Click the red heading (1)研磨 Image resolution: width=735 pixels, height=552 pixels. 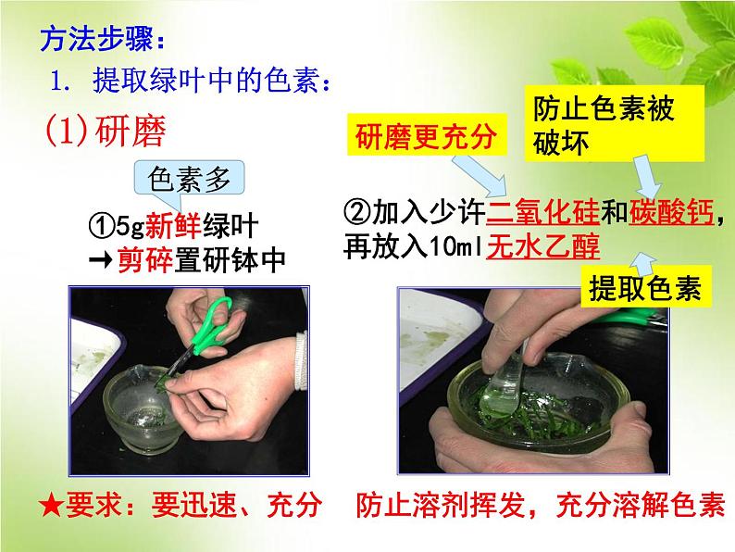coord(106,132)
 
